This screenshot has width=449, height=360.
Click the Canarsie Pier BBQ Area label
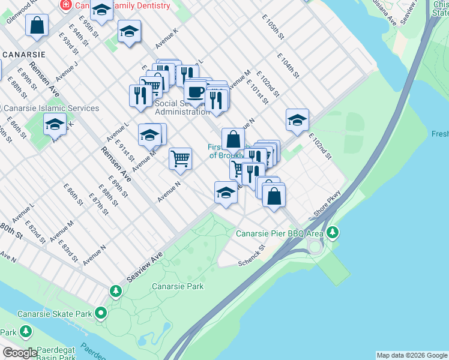280,233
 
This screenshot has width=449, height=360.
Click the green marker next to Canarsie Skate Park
101,313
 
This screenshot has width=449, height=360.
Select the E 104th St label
288,65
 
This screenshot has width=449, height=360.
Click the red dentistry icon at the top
65,5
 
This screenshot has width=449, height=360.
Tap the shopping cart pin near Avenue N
180,158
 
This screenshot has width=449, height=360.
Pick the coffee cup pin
195,92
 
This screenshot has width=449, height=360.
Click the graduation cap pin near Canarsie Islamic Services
55,124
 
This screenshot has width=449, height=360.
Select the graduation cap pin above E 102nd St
297,120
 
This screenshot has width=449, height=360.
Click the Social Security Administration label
182,107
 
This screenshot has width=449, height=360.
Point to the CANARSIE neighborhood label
25,54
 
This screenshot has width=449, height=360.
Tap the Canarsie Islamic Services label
52,108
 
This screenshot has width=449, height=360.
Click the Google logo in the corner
20,353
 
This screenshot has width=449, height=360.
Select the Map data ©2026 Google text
412,355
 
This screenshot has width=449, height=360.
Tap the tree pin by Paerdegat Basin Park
25,331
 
